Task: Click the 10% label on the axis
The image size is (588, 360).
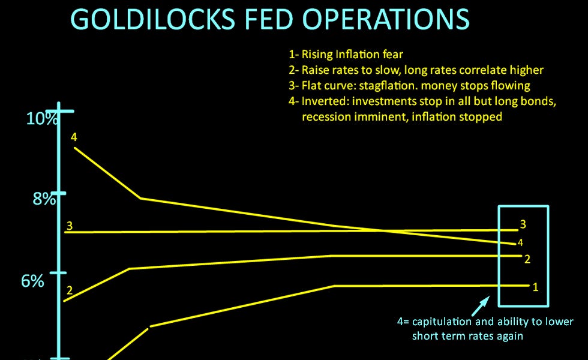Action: coord(43,118)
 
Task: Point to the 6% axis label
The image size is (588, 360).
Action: coord(33,280)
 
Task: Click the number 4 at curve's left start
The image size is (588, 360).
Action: coord(74,137)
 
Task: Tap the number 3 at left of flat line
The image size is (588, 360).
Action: coord(70,226)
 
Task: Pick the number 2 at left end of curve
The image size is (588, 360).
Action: coord(70,291)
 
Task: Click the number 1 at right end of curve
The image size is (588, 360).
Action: coord(536,287)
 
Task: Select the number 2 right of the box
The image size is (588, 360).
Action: coord(527,259)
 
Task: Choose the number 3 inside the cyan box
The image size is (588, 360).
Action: coord(523,224)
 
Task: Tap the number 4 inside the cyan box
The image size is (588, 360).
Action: coord(520,242)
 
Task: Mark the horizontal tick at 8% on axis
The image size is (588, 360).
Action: coord(58,194)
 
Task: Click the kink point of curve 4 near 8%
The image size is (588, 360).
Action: coord(140,197)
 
